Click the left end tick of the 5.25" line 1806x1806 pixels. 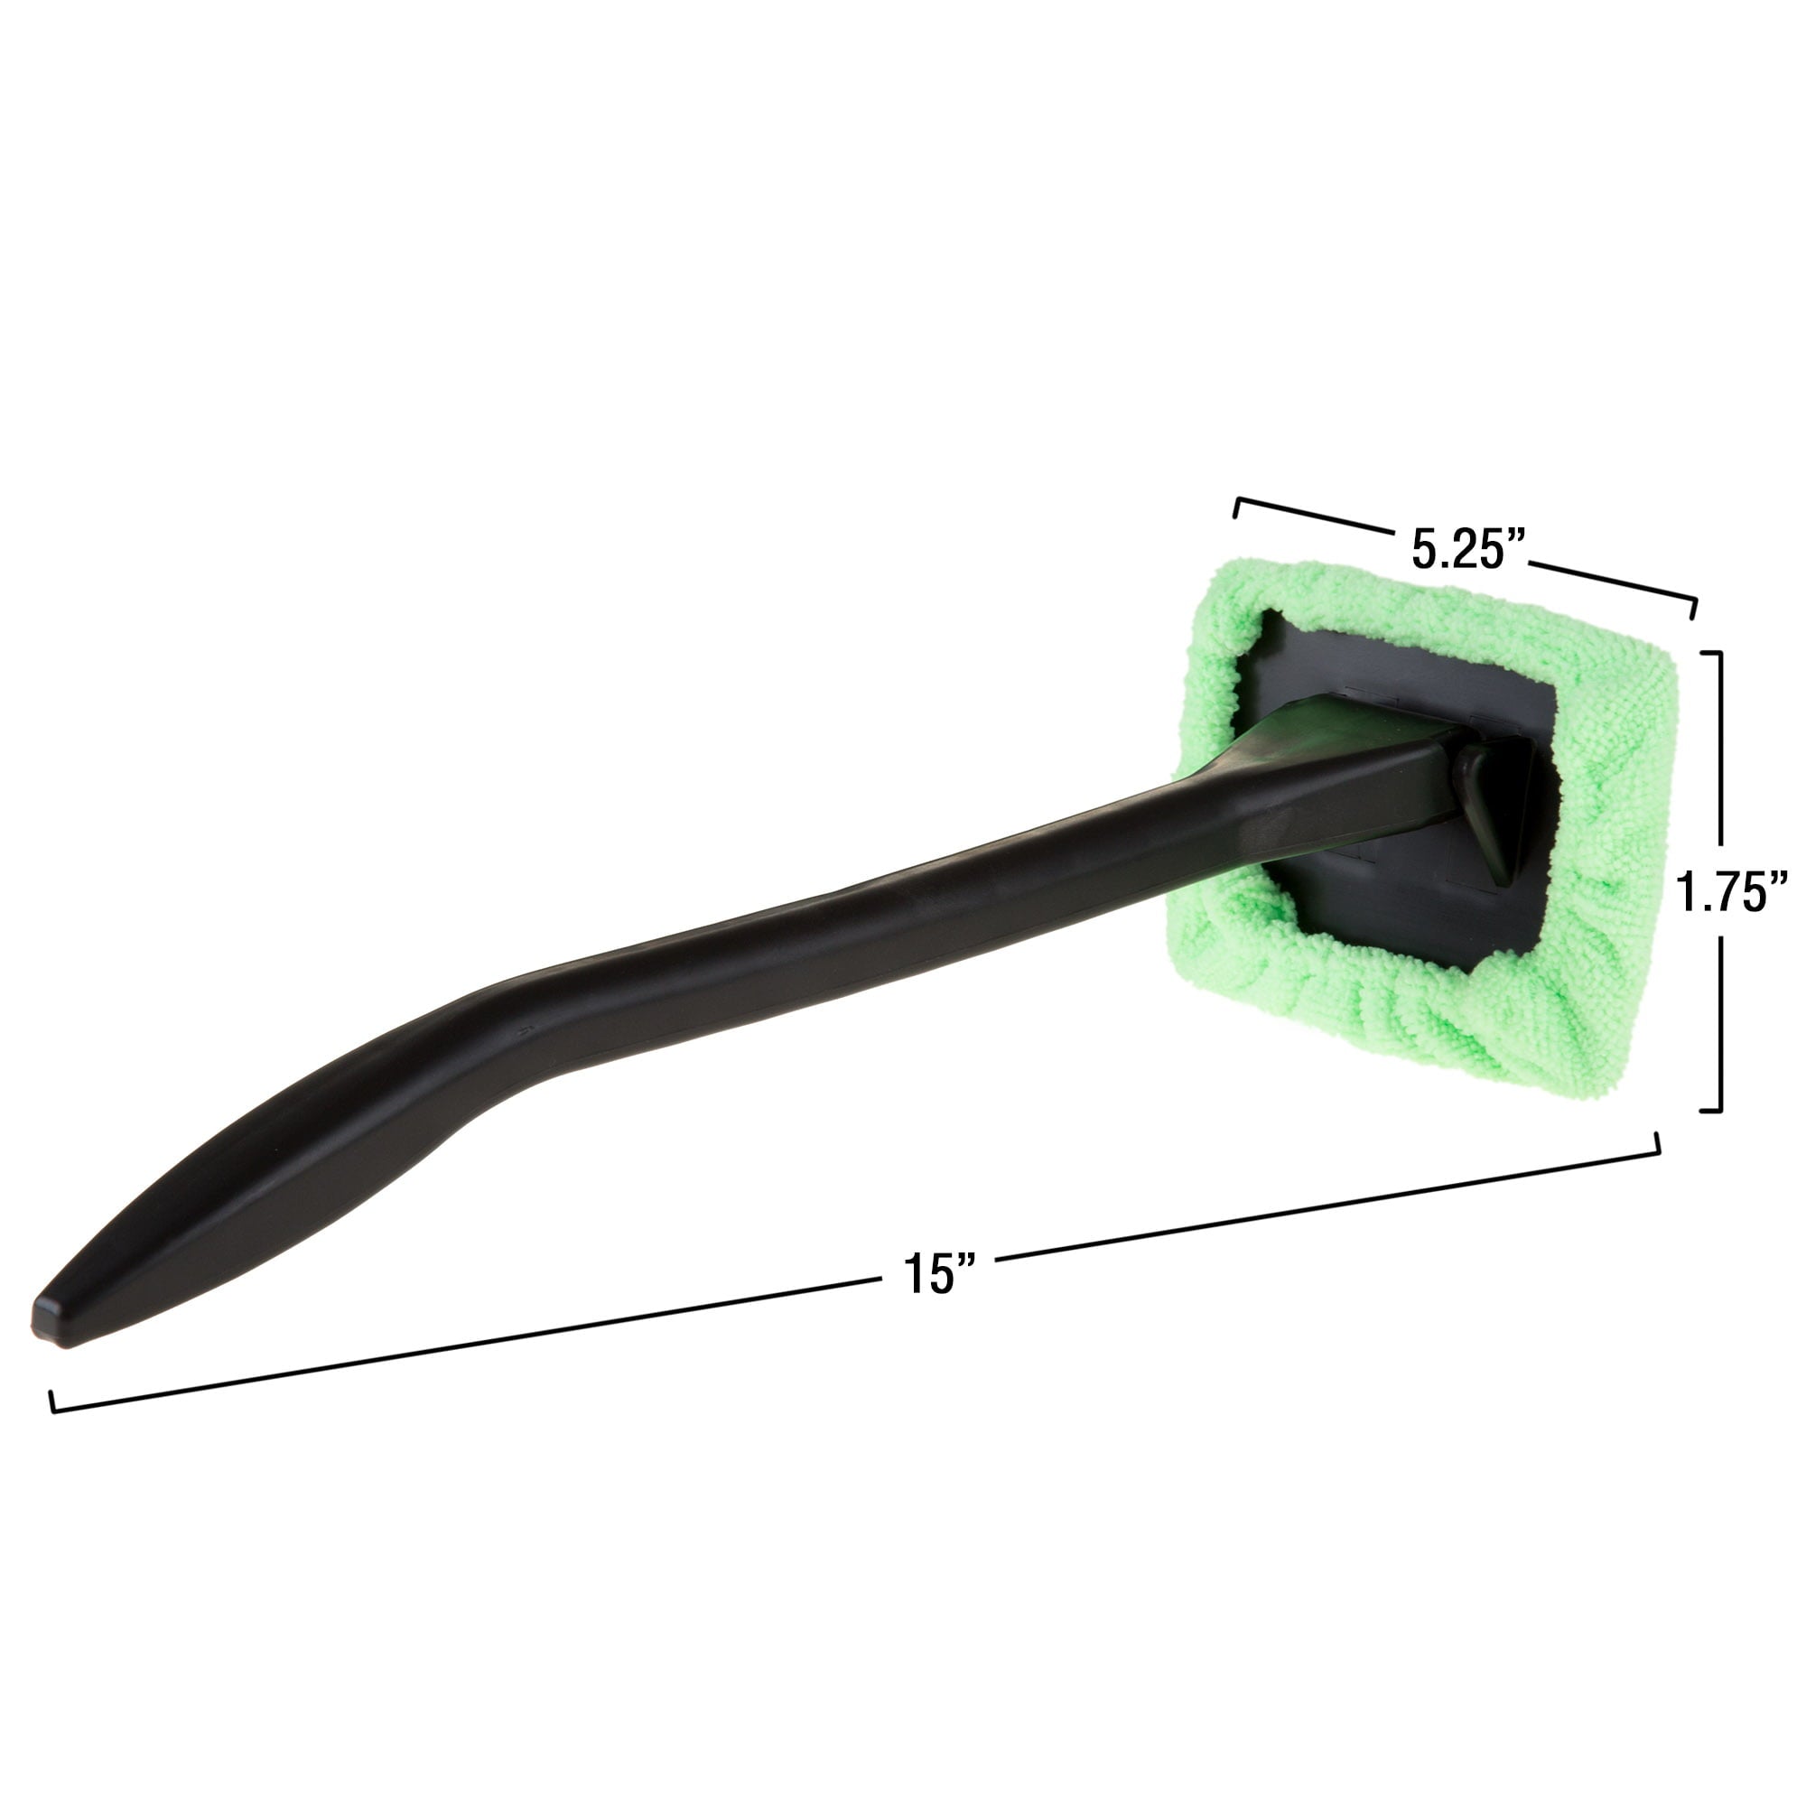click(x=1238, y=507)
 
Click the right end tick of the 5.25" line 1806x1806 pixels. click(x=1694, y=607)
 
